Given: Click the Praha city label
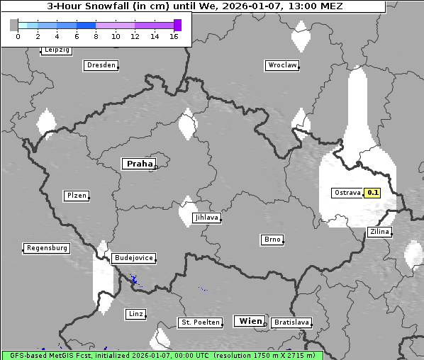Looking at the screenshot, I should [x=140, y=164].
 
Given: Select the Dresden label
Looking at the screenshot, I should [x=101, y=65].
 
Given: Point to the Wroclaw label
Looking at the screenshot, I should [x=281, y=65].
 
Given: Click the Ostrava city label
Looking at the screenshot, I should [x=347, y=193].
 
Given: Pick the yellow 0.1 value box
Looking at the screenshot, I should [x=373, y=193].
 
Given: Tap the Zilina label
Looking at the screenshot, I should [x=379, y=232].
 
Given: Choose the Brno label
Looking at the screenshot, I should [x=272, y=240].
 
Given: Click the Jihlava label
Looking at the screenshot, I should [x=206, y=218].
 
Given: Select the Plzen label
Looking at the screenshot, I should [x=76, y=196].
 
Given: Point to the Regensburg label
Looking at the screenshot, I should [x=47, y=248].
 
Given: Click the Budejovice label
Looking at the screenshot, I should [x=133, y=258].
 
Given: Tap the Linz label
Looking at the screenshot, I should [x=135, y=313].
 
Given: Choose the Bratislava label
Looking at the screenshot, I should [x=291, y=322].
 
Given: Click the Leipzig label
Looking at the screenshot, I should [x=56, y=50].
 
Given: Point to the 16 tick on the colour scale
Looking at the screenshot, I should [x=174, y=36].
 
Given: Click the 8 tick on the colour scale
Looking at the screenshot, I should [x=96, y=36].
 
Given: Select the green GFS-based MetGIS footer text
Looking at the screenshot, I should [x=162, y=355].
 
